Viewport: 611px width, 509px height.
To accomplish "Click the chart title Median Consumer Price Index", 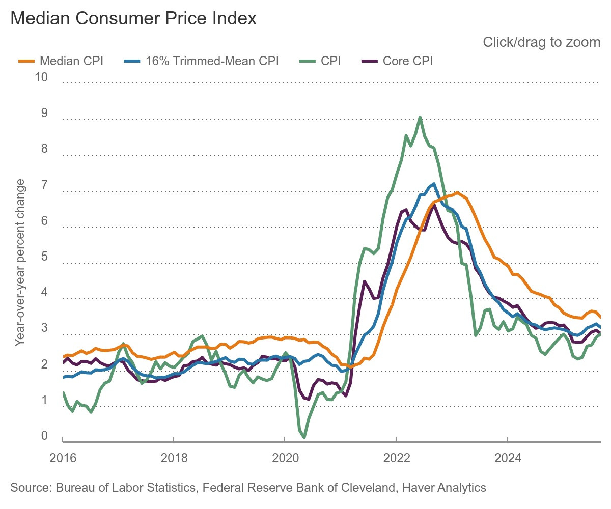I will (133, 19).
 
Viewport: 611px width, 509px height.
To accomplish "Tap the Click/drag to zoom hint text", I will (541, 42).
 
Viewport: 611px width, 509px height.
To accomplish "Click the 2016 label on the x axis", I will (63, 457).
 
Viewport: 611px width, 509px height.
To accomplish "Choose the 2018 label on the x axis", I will (174, 457).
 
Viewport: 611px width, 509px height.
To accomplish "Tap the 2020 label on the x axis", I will (285, 457).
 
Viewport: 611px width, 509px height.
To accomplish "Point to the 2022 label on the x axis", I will (396, 457).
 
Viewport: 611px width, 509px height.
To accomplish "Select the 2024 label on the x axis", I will (508, 457).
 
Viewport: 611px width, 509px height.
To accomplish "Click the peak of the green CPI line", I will (420, 117).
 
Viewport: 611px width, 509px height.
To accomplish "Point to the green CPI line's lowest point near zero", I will (304, 437).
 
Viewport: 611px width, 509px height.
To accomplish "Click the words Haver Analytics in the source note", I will (444, 488).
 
